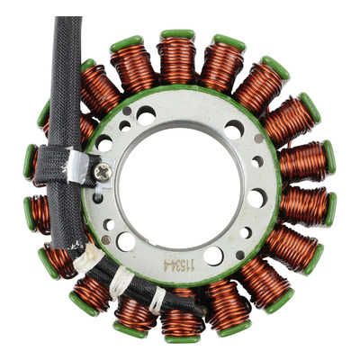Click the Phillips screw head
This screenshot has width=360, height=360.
(103, 173)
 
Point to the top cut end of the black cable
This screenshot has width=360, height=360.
(68, 18)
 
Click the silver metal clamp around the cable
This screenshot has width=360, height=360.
(77, 166)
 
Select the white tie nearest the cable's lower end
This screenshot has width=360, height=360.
(157, 301)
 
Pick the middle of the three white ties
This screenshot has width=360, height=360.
(121, 283)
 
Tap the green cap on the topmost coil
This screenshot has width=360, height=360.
(177, 34)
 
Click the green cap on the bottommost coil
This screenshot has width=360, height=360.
(182, 339)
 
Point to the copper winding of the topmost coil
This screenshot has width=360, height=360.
(177, 61)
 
